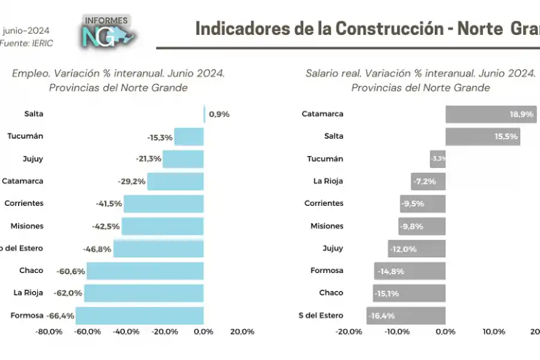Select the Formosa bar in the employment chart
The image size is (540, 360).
pyautogui.click(x=139, y=315)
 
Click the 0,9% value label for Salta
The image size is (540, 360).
pyautogui.click(x=219, y=114)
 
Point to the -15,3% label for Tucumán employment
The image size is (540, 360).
pyautogui.click(x=160, y=137)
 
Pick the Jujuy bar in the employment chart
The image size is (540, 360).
pyautogui.click(x=183, y=159)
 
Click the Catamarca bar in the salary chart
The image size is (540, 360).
pyautogui.click(x=490, y=114)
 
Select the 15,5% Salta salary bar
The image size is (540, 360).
pyautogui.click(x=482, y=136)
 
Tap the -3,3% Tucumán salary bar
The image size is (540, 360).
pyautogui.click(x=437, y=159)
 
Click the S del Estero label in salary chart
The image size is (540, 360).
pyautogui.click(x=321, y=315)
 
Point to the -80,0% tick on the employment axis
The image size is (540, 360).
pyautogui.click(x=49, y=332)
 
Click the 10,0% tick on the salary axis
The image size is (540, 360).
pyautogui.click(x=494, y=332)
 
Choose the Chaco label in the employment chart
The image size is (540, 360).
pyautogui.click(x=31, y=271)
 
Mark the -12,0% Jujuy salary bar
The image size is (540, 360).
pyautogui.click(x=416, y=248)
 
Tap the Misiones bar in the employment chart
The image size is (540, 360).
pyautogui.click(x=162, y=226)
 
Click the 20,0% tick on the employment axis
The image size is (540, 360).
pyautogui.click(x=242, y=332)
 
